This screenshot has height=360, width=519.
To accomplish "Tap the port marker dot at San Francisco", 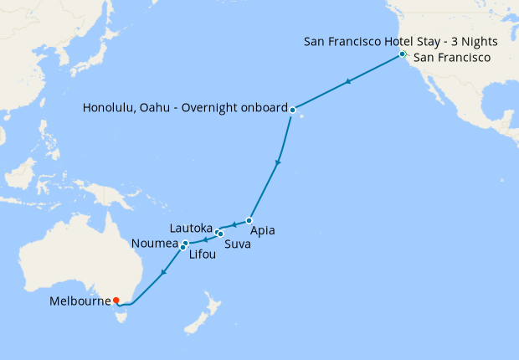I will pyautogui.click(x=403, y=54).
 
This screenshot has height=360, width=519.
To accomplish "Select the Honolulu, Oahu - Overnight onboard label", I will pyautogui.click(x=184, y=109).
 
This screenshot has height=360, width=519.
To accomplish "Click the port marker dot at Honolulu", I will pyautogui.click(x=292, y=110).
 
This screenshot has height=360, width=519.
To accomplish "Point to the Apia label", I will pyautogui.click(x=261, y=230).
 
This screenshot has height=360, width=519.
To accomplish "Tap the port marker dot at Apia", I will pyautogui.click(x=249, y=221).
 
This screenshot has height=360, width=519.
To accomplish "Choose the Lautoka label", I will pyautogui.click(x=192, y=227).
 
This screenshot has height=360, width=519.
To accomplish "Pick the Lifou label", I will pyautogui.click(x=202, y=255).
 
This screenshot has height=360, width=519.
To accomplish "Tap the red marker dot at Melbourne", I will pyautogui.click(x=116, y=301).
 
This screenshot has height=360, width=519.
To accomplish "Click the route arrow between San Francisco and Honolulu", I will pyautogui.click(x=347, y=82).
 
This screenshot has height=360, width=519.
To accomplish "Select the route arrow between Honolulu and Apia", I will pyautogui.click(x=278, y=162).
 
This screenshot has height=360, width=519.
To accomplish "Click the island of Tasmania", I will pyautogui.click(x=123, y=315).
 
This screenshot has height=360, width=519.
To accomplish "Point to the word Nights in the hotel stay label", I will pyautogui.click(x=480, y=41).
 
